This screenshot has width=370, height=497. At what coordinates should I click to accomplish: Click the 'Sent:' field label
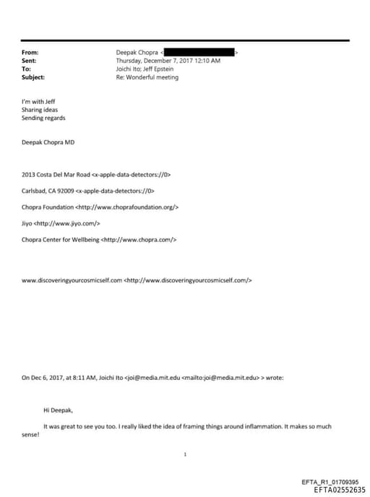(30, 61)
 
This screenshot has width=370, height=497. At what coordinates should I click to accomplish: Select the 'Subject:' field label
(33, 77)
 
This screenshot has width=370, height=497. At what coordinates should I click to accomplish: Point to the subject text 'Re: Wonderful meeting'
(147, 77)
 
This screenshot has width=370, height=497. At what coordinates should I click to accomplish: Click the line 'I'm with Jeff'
(38, 102)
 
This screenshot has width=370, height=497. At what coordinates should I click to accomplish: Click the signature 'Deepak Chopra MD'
(48, 142)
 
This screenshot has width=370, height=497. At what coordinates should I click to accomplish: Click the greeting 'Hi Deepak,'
(58, 410)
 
